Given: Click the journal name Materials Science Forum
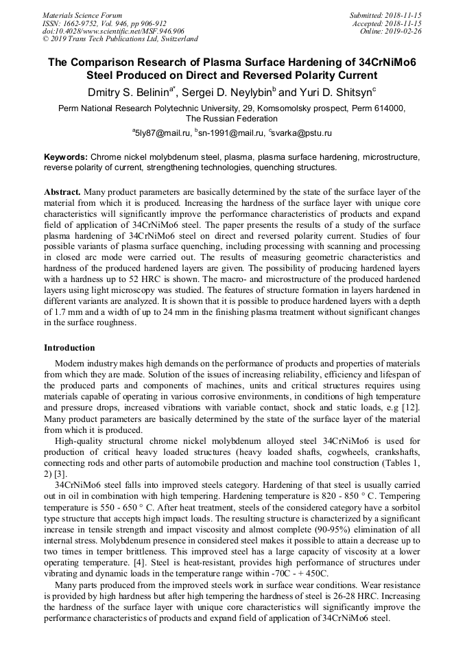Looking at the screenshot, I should (x=82, y=15).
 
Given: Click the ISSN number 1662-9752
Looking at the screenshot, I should (x=82, y=23).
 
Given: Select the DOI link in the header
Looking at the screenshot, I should (x=113, y=31).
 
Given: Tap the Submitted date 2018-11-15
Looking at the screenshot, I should (x=405, y=15).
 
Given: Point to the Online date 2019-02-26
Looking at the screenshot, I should (x=405, y=31).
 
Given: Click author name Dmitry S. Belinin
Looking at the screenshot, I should (x=130, y=91).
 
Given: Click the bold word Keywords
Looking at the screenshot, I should (x=66, y=157).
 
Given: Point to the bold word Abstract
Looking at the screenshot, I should (x=62, y=192).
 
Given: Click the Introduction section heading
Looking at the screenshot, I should (x=69, y=348).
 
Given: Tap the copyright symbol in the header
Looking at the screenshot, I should (x=46, y=39).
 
